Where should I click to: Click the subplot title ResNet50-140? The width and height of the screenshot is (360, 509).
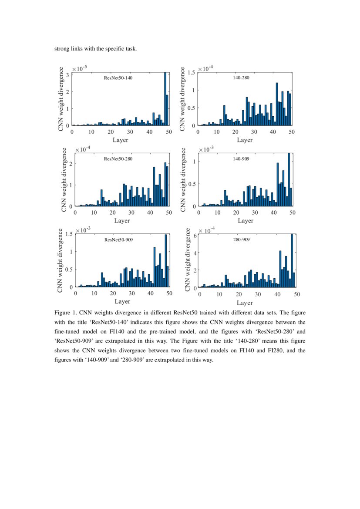(x=118, y=78)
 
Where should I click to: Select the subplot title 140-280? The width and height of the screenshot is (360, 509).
(x=241, y=78)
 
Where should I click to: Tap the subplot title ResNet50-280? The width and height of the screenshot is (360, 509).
(x=118, y=159)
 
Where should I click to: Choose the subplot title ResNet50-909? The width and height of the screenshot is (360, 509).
(x=118, y=239)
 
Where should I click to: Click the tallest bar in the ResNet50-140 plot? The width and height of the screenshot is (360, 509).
(x=165, y=99)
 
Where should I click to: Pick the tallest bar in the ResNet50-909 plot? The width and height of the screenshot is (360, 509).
(x=165, y=260)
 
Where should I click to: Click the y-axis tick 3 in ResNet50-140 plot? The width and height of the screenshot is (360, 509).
(x=67, y=75)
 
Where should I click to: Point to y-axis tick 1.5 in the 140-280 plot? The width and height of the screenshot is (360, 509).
(x=190, y=73)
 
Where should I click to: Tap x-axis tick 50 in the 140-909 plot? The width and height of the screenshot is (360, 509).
(x=293, y=212)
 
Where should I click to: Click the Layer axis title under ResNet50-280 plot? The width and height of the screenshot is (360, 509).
(x=122, y=220)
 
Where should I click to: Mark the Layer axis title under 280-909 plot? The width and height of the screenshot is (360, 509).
(x=245, y=303)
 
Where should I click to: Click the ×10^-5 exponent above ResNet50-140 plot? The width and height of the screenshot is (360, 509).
(x=81, y=68)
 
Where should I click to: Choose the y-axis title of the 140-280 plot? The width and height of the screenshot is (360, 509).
(x=183, y=99)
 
